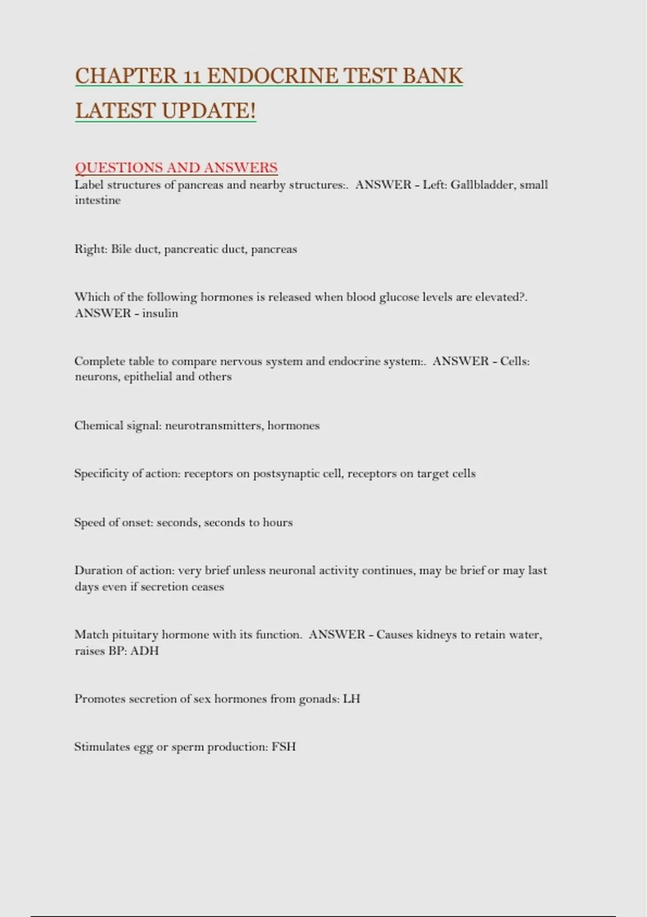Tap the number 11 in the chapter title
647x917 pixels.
[x=192, y=77]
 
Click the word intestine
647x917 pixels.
[x=98, y=200]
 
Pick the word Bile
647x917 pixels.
[x=121, y=249]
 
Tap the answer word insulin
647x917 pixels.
[x=160, y=313]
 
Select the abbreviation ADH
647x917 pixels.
[x=144, y=651]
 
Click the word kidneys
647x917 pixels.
[x=436, y=635]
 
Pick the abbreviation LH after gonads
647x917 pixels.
[x=352, y=699]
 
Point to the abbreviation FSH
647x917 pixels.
[x=284, y=747]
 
